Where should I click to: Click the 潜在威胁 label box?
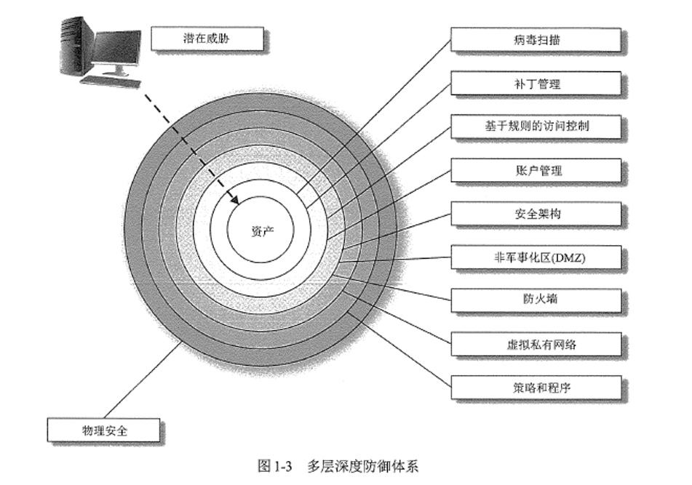[207, 39]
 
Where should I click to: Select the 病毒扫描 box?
[536, 40]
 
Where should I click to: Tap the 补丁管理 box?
[536, 84]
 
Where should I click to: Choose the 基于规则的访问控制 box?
[536, 127]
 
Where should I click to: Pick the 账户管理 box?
[536, 171]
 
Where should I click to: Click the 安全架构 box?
[536, 214]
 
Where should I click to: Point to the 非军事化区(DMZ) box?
[536, 257]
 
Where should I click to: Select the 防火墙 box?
[536, 300]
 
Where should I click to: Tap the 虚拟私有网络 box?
[536, 344]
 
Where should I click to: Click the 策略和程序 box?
[536, 387]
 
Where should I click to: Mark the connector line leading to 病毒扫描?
[378, 123]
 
